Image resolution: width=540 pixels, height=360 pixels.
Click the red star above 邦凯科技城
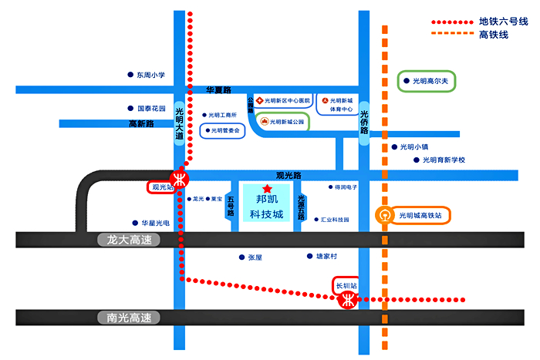tap(267, 189)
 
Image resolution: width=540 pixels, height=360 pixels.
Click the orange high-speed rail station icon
tap(383, 215)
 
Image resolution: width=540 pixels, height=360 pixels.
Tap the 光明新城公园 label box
tap(283, 122)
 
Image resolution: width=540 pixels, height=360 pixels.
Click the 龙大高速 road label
tap(129, 240)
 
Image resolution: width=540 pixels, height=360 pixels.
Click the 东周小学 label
tap(150, 76)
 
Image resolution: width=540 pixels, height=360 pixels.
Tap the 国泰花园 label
tap(150, 109)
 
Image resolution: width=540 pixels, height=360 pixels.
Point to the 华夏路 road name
tap(219, 90)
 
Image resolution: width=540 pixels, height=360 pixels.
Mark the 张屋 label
tap(255, 257)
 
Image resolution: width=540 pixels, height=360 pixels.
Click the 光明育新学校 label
tap(444, 160)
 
